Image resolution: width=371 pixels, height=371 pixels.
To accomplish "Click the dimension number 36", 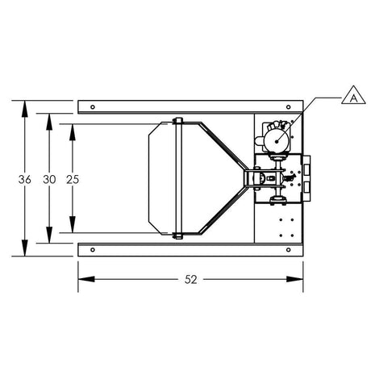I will tap(25, 179).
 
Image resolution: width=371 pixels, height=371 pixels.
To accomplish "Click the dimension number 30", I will tap(49, 179).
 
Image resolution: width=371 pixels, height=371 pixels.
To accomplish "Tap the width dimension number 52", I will tap(190, 280).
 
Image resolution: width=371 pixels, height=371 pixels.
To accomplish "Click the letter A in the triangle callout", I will tap(351, 98).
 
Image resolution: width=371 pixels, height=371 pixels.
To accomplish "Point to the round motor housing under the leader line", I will tap(277, 140).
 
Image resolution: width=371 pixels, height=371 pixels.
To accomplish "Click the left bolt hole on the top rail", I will tap(94, 106).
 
